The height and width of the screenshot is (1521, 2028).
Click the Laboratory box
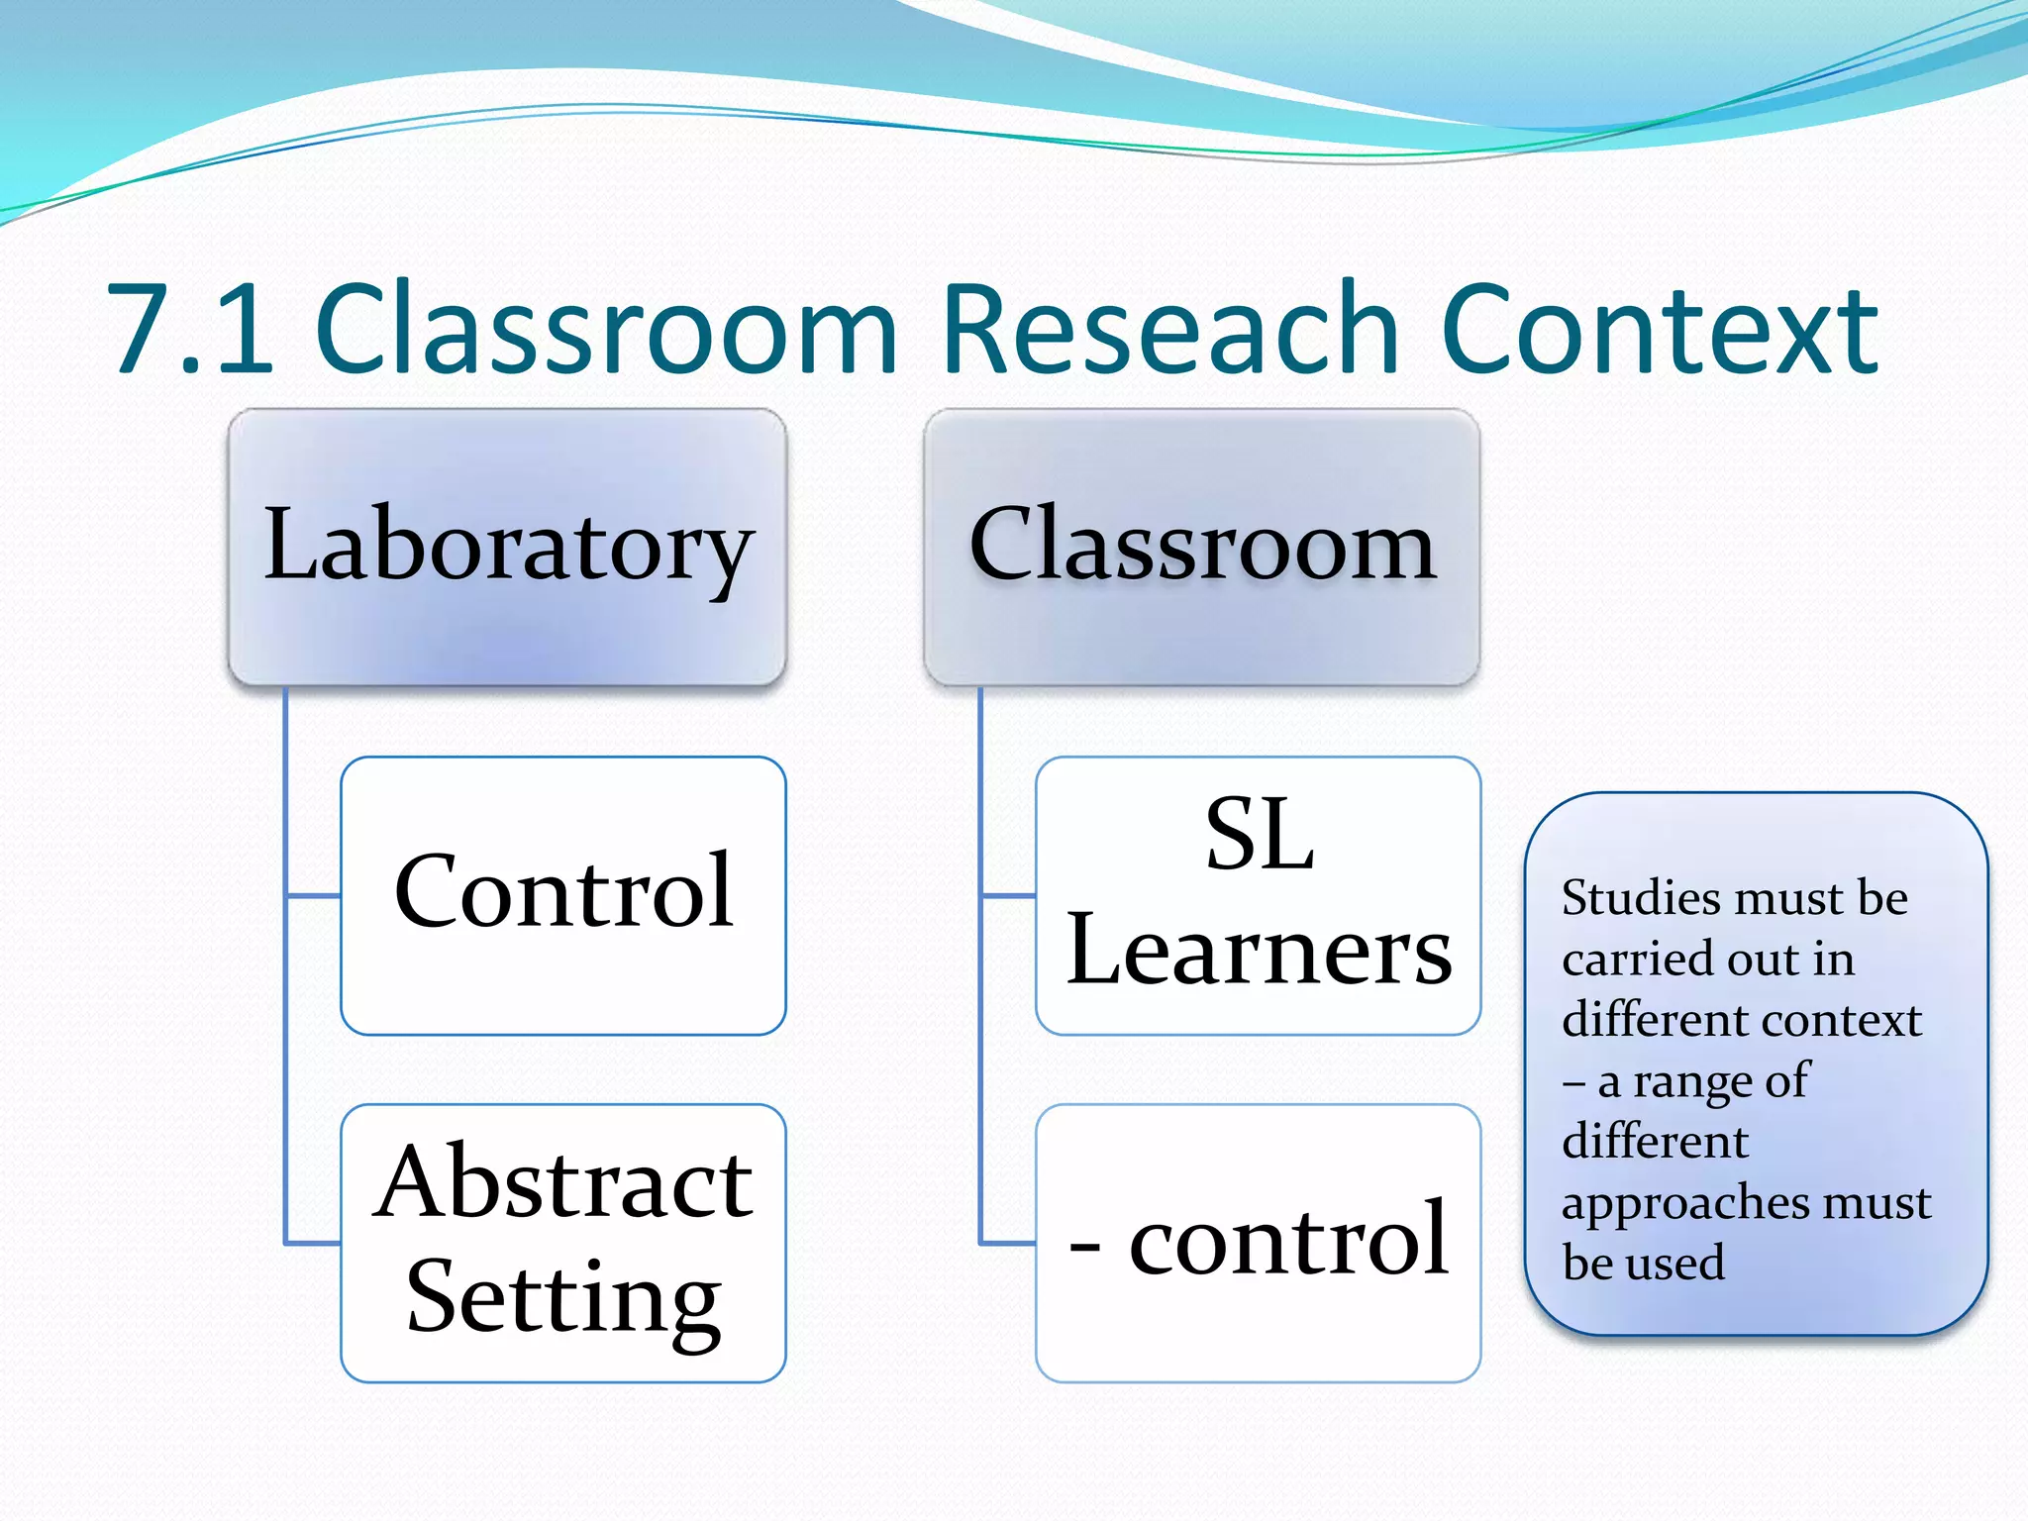click(507, 547)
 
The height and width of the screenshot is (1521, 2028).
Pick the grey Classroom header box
click(1201, 547)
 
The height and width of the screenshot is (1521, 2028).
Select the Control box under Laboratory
click(562, 894)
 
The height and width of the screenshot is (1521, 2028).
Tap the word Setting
click(562, 1298)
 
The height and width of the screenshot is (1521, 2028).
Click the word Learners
click(1259, 951)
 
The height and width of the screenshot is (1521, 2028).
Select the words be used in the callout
click(1644, 1263)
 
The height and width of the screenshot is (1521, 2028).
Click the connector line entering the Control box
click(314, 896)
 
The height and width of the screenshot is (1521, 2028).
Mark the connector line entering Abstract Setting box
click(314, 1242)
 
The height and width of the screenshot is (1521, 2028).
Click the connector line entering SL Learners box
click(1009, 896)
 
